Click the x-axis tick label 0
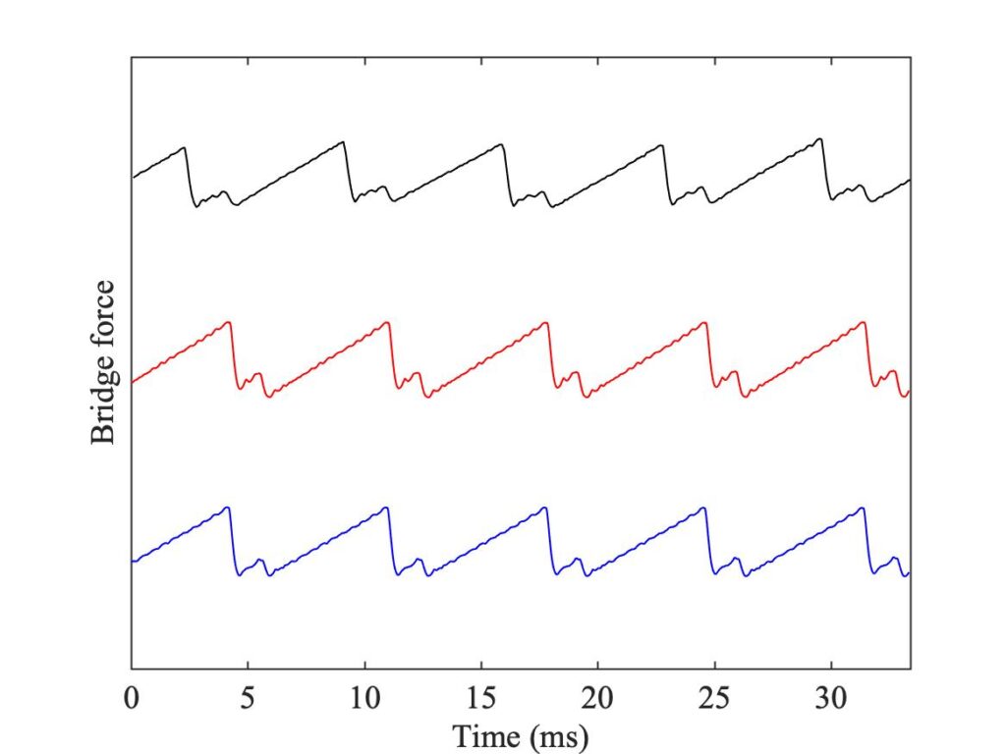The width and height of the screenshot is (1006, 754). coord(132,700)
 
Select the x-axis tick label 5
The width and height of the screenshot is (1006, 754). coord(249,700)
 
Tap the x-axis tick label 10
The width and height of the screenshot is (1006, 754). coord(365,700)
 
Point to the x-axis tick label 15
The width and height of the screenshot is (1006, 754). coord(481,700)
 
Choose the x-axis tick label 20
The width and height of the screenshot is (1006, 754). coord(598,700)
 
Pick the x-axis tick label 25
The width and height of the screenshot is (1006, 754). coord(714,700)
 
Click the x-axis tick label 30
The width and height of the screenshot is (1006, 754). coord(831,700)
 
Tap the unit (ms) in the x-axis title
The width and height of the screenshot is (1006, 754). coord(557,734)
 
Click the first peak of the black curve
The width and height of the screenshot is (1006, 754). coord(185,147)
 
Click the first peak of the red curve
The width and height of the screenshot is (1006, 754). coord(229,322)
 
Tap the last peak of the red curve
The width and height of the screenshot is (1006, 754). coord(864,322)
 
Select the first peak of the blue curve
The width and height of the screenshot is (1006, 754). coord(228,507)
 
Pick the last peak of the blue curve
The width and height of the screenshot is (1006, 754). coord(863,508)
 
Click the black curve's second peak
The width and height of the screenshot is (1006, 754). coord(343,142)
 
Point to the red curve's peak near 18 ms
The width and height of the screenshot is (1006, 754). coord(546,322)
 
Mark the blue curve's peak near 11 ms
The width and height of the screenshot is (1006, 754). coord(387,508)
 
